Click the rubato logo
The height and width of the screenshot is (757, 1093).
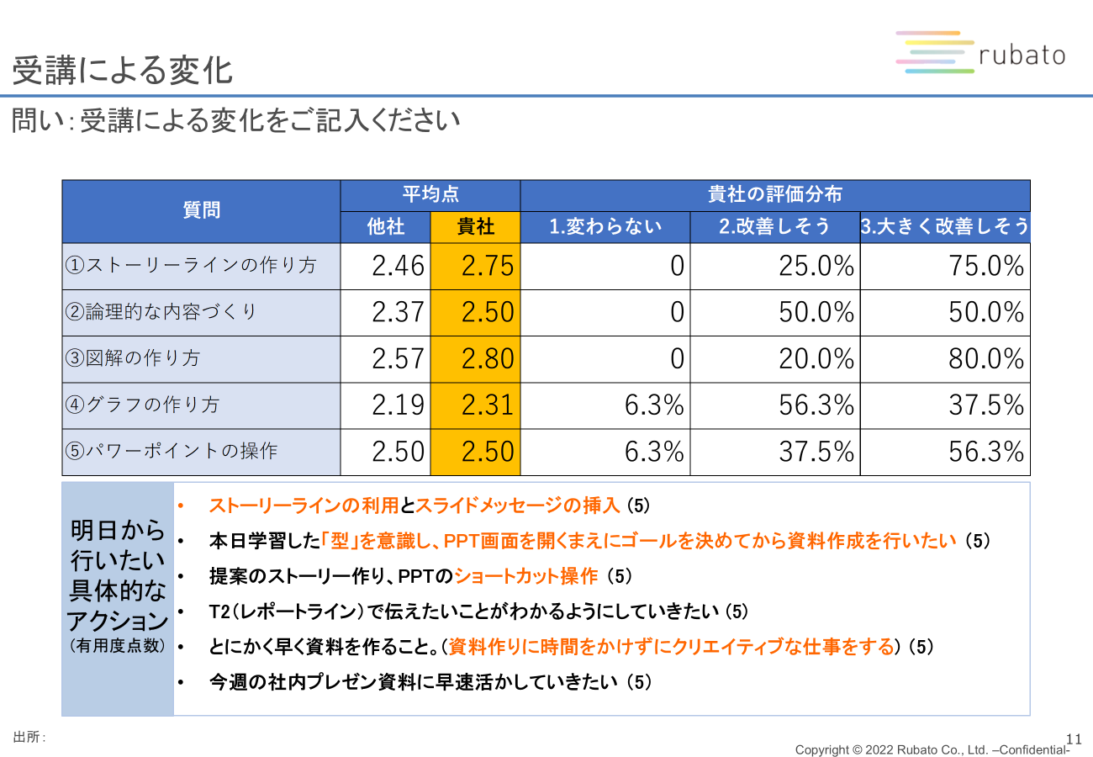coord(980,54)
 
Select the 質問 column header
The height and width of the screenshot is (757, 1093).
coord(201,211)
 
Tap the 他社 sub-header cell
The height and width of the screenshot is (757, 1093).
coord(385,227)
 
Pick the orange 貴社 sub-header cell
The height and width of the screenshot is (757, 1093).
coord(475,227)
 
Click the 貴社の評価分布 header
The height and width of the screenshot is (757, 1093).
coord(774,195)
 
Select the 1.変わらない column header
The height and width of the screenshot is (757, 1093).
coord(605,227)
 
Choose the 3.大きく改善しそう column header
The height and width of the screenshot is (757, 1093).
coord(945,227)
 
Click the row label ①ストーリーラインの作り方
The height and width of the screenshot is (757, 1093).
coord(191,266)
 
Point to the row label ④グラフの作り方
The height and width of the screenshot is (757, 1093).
coord(142,405)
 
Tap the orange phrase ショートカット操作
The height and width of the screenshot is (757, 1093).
coord(525,576)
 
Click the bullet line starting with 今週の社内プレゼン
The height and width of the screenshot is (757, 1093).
coord(430,682)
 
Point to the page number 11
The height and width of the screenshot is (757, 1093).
coord(1073,737)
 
